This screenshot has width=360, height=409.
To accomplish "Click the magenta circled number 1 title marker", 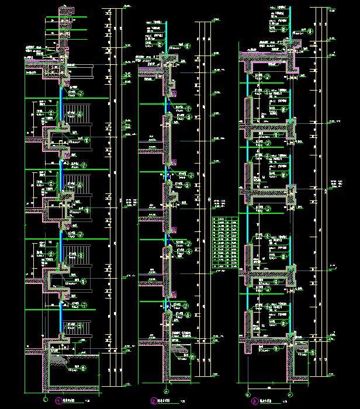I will point(57,401).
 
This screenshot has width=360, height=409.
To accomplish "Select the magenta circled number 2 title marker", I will point(154,401).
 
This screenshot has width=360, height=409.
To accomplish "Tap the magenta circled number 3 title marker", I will point(254,401).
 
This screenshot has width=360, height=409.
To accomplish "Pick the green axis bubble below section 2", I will point(166,391).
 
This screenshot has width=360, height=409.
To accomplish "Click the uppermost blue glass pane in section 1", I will point(61,93).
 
